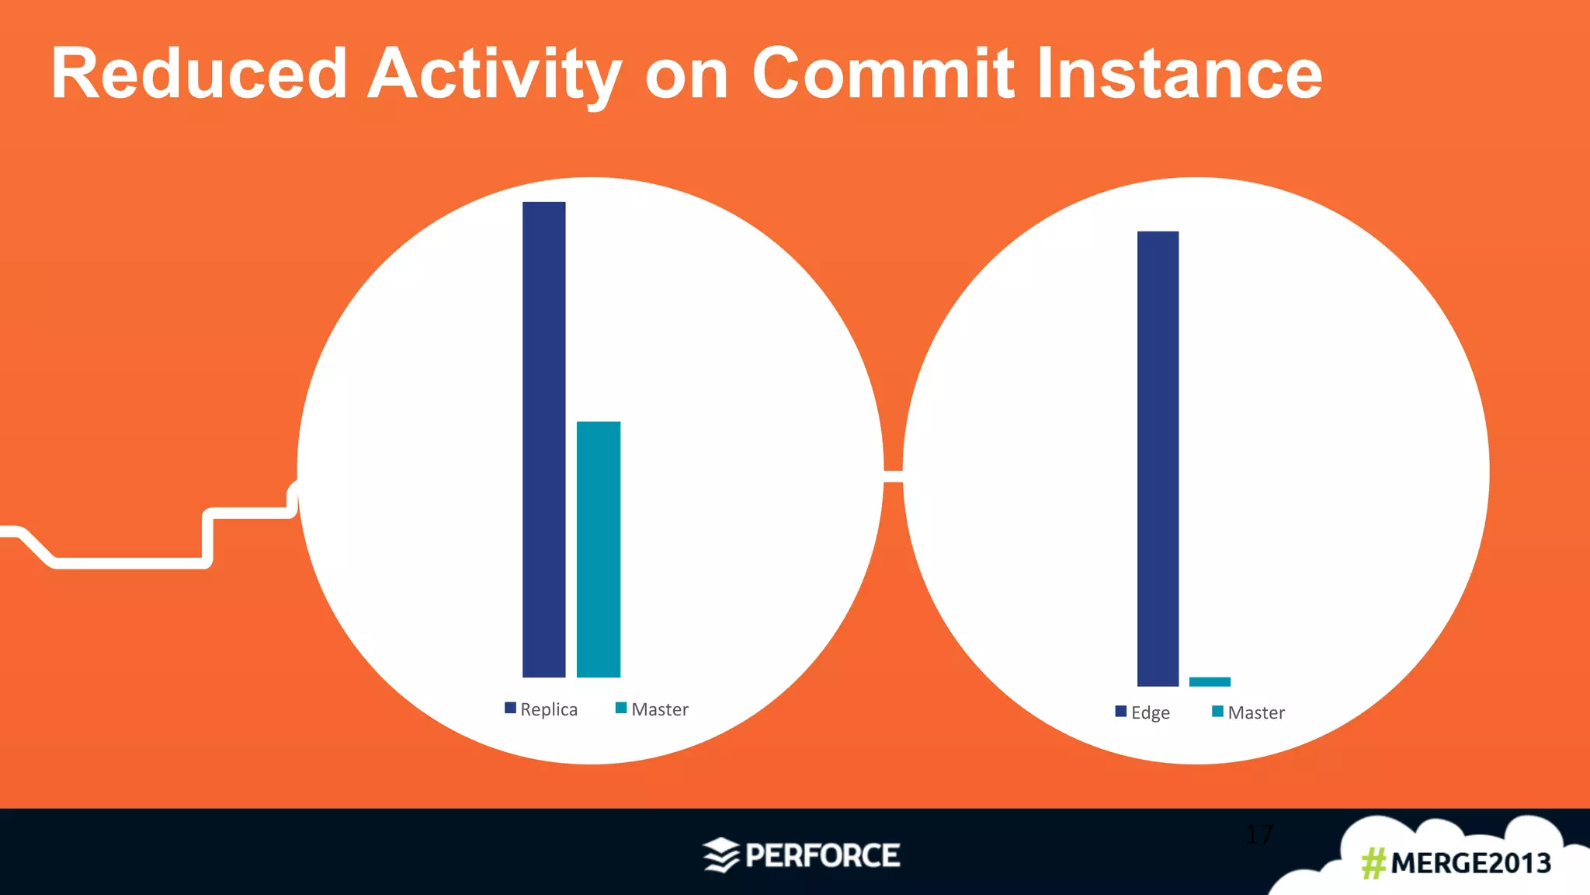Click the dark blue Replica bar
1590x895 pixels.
(x=543, y=439)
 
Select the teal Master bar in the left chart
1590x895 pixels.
(x=598, y=548)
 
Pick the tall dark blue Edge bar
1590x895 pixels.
(x=1158, y=458)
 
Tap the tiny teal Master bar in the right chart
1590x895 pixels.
(x=1210, y=681)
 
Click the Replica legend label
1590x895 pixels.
(x=549, y=709)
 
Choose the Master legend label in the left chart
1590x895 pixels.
(x=660, y=709)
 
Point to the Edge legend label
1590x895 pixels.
(x=1151, y=712)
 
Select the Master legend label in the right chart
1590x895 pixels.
(x=1256, y=712)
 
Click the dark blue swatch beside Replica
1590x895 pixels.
(x=510, y=708)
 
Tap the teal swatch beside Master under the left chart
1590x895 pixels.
(x=621, y=708)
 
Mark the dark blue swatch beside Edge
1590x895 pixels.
(x=1120, y=711)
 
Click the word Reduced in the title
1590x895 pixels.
(x=199, y=74)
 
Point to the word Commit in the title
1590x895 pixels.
(x=883, y=74)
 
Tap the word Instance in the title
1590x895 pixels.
(x=1179, y=74)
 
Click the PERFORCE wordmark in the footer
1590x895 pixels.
(x=822, y=855)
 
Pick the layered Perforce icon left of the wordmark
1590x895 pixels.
(x=720, y=855)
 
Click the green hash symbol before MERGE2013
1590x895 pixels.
(x=1373, y=863)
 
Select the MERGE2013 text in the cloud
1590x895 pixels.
(x=1470, y=863)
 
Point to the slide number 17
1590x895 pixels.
(x=1258, y=834)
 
